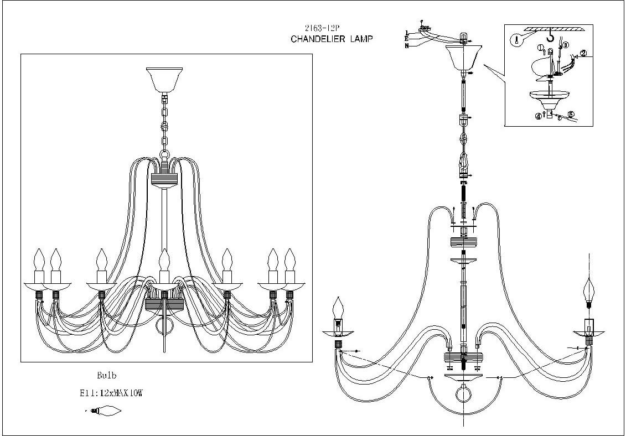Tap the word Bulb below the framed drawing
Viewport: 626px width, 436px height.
[x=107, y=375]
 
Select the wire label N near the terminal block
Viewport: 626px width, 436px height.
[x=407, y=45]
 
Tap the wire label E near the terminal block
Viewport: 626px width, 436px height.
[x=407, y=39]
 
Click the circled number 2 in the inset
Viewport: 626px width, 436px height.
[x=583, y=54]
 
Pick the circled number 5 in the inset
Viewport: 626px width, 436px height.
[x=571, y=115]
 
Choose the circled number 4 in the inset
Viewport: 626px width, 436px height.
[x=537, y=116]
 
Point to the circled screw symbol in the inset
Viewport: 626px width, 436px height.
[x=516, y=40]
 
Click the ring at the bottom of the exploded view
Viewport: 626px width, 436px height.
[x=463, y=395]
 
